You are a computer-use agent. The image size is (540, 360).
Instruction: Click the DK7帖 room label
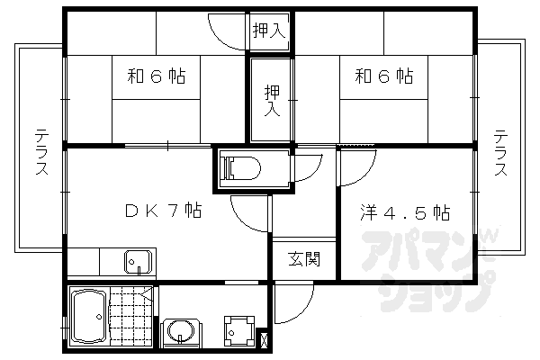pos(162,212)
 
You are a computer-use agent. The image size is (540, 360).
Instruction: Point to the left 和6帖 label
pos(156,76)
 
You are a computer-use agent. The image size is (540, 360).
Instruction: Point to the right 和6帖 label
pos(383,76)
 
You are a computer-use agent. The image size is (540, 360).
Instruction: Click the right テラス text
pos(500,153)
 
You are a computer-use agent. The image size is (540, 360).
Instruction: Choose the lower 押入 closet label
pos(271,100)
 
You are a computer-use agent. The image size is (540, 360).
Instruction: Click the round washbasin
pos(184,330)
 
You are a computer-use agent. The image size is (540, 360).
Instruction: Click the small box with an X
pos(264,339)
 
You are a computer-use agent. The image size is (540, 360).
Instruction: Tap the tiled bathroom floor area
pos(130,316)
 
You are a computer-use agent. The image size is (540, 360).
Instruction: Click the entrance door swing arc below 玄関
pos(292,301)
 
